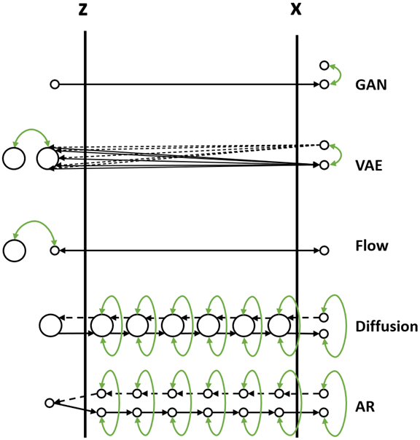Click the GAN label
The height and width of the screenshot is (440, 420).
pos(370,85)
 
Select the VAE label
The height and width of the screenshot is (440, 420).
pos(369,165)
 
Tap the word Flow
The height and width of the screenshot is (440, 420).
pos(370,246)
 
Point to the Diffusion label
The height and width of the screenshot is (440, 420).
pos(386,326)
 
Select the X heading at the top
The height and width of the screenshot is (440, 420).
pos(295,10)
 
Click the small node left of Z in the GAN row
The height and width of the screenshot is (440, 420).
pos(54,85)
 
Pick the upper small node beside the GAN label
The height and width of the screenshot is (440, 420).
pos(324,66)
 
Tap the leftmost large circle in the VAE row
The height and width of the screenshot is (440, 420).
pos(14,158)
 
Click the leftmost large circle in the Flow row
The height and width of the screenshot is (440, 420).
pos(14,251)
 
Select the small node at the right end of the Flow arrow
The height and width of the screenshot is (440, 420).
pos(324,251)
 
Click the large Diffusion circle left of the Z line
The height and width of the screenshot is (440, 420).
pos(50,326)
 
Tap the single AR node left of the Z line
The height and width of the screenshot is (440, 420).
pos(50,403)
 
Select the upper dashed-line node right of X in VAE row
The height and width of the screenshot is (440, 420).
pos(324,145)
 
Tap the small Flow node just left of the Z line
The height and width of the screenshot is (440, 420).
pos(54,251)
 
